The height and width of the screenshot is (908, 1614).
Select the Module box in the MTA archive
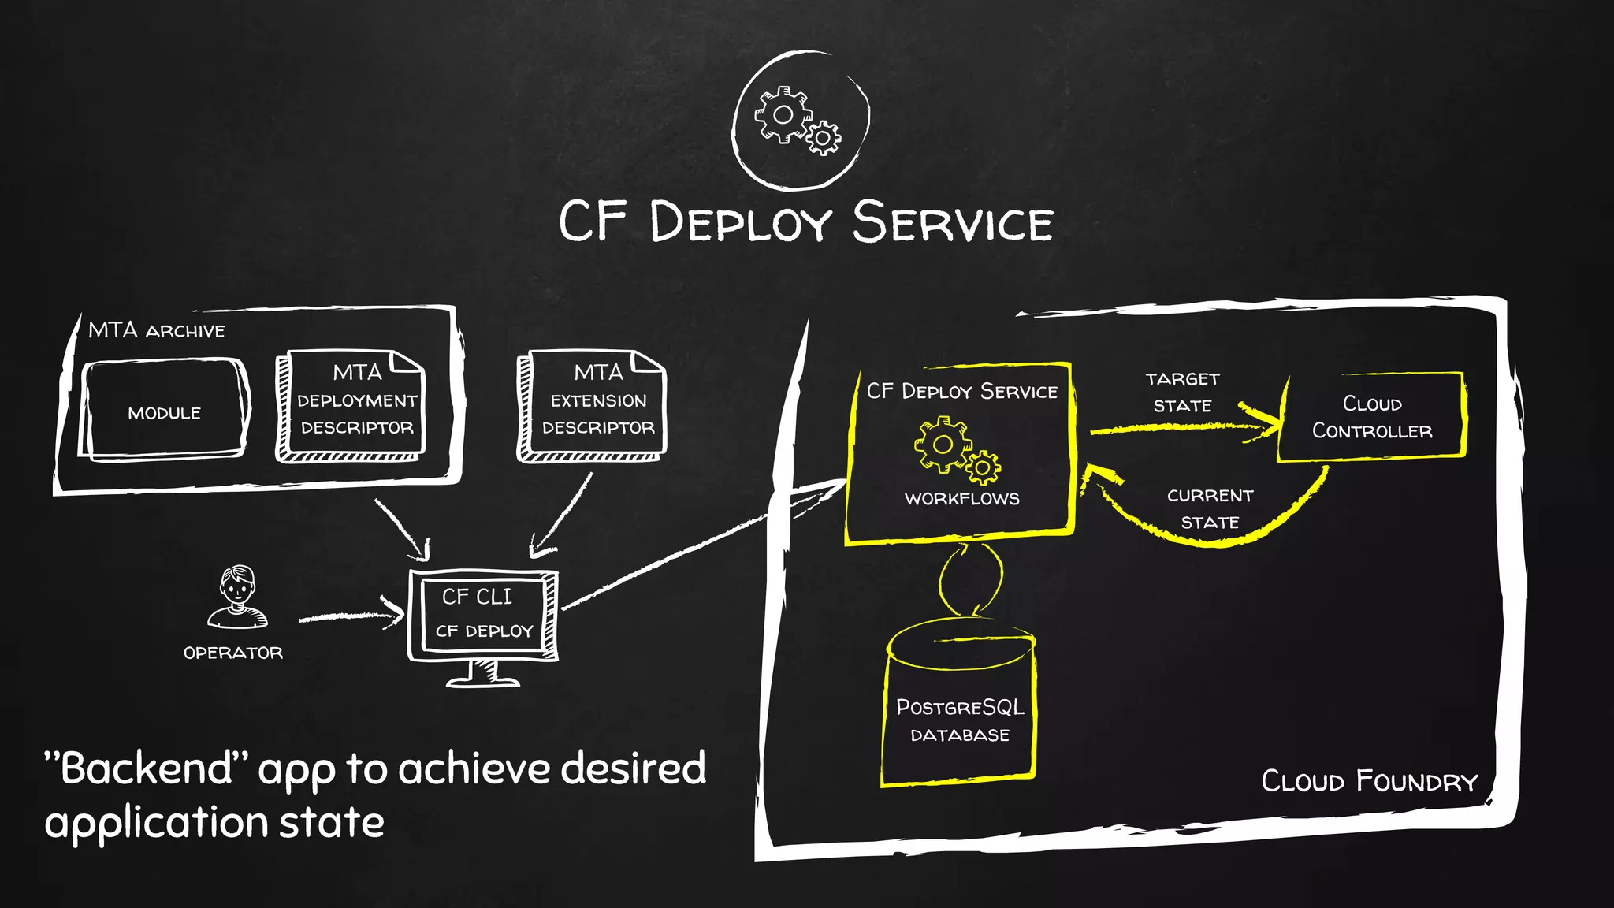164,411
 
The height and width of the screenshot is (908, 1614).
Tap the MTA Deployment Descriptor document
355,407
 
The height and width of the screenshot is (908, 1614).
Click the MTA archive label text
156,330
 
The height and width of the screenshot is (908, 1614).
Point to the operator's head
237,585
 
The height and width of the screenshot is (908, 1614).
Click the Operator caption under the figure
232,653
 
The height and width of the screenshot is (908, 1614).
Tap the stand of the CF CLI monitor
482,675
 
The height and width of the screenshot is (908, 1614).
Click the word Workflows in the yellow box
961,498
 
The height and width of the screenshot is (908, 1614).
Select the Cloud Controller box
1371,417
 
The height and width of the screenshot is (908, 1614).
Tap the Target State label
1182,393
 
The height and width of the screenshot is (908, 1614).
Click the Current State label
1210,508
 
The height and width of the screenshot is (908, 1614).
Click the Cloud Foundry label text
1370,781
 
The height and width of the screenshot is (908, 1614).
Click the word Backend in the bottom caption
146,768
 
